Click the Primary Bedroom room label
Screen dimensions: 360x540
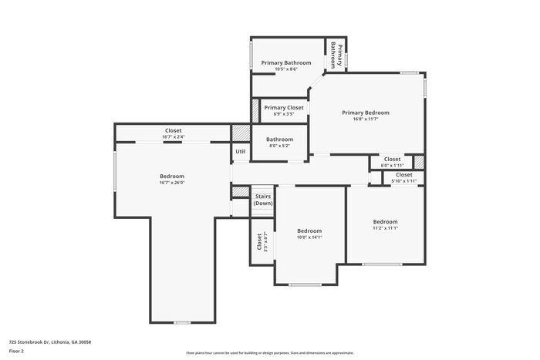(365, 113)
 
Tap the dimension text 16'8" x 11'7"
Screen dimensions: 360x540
(365, 119)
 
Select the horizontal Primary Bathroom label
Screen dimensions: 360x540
(285, 62)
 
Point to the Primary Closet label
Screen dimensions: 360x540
(284, 107)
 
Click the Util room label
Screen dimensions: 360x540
(240, 151)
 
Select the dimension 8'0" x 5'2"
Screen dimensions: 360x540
(278, 146)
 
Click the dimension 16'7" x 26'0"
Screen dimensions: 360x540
(172, 183)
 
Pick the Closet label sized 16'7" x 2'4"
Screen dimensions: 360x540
(173, 130)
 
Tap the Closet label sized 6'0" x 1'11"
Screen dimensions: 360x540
(392, 159)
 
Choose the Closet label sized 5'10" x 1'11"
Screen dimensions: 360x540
(403, 174)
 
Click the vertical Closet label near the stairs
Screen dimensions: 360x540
(259, 241)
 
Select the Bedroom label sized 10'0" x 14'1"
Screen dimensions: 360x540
(309, 230)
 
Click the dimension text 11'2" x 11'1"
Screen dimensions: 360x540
(384, 228)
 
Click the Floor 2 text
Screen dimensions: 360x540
(17, 351)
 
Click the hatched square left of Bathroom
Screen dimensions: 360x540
(241, 133)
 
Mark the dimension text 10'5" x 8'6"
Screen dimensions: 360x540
(285, 69)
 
